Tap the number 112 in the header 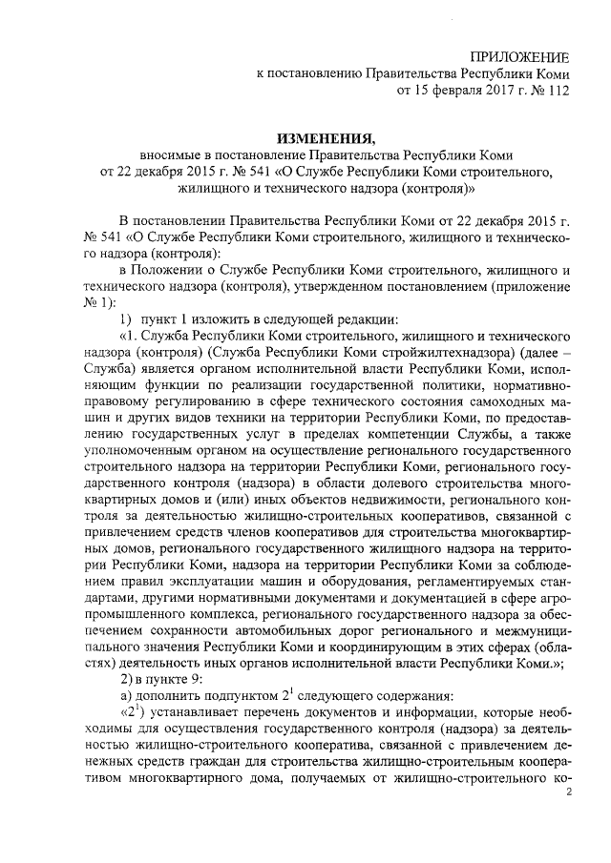[x=554, y=92]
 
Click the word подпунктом [x=249, y=698]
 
